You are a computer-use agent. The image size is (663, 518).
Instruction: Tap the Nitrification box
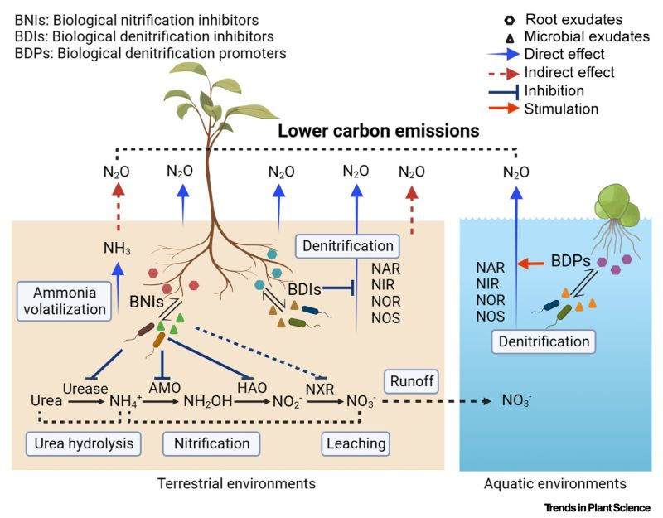tap(211, 443)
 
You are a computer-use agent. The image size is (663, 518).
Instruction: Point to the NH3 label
tap(117, 246)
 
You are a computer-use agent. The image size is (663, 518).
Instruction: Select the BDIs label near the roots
tap(305, 289)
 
